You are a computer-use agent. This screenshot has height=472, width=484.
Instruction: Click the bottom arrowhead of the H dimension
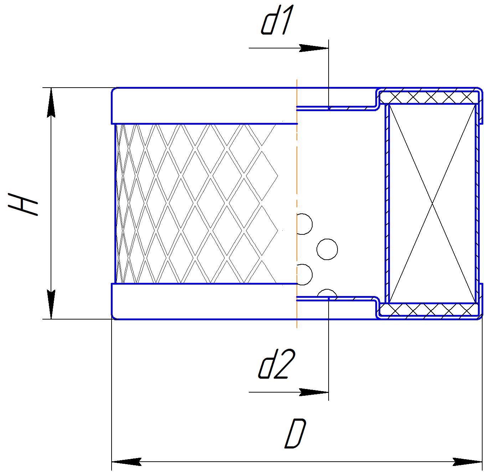point(51,305)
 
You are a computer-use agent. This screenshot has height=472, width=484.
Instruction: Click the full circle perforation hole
point(327,249)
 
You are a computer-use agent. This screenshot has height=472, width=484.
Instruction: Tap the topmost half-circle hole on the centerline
point(304,224)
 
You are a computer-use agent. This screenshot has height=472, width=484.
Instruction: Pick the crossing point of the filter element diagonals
point(433,203)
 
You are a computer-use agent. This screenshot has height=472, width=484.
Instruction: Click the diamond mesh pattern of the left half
point(196,203)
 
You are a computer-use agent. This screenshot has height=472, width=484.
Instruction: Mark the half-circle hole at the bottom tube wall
point(326,293)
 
